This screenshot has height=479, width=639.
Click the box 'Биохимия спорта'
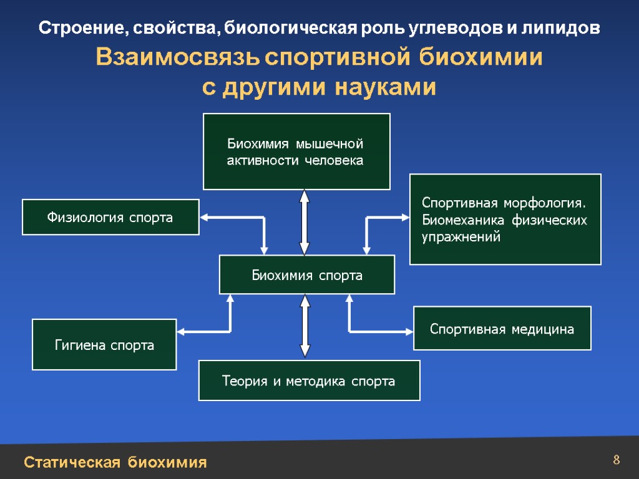[306, 274]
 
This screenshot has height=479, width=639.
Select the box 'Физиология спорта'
[110, 217]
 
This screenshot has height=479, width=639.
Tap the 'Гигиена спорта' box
[104, 344]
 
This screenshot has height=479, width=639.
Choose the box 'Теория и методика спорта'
[309, 380]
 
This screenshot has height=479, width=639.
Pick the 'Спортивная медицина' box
[502, 328]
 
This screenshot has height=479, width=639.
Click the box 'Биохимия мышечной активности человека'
[296, 152]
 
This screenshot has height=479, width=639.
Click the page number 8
[616, 461]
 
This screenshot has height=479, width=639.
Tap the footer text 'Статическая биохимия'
[115, 462]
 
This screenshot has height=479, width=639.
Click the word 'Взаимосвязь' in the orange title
[178, 59]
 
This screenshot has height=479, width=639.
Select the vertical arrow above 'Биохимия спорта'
[305, 222]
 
